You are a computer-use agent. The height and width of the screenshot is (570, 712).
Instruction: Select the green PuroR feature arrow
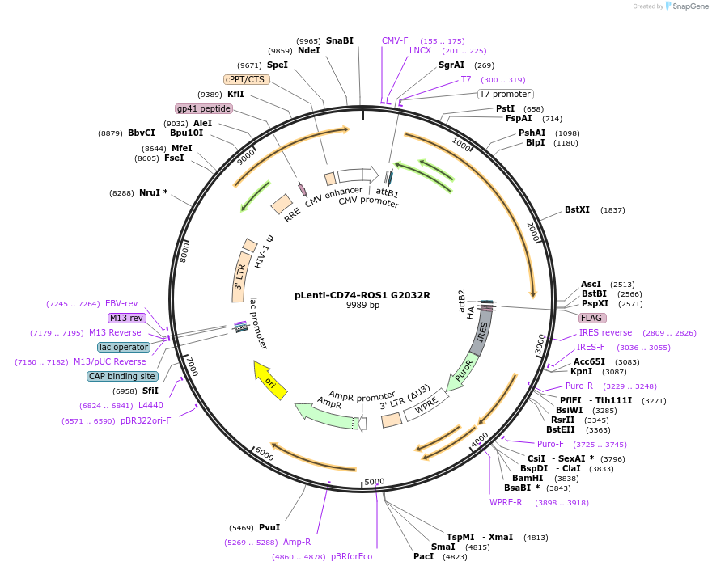pos(459,373)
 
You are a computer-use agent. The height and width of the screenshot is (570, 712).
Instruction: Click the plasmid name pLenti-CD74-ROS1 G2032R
pos(362,295)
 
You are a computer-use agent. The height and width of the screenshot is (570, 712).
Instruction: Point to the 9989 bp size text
pos(362,306)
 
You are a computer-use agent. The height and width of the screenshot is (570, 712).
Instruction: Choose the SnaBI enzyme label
pos(340,40)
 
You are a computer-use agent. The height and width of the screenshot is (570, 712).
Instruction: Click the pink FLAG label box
pos(592,318)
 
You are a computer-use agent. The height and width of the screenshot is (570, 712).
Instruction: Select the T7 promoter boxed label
pos(505,94)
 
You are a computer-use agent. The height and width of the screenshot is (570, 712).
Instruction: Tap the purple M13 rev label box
pos(126,318)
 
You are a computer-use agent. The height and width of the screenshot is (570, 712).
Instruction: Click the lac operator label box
pos(124,347)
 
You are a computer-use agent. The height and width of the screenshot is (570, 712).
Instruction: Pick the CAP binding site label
pos(122,376)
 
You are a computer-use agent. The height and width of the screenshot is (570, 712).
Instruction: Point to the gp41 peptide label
pos(204,108)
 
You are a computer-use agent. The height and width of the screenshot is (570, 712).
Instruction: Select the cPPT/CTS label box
pos(246,79)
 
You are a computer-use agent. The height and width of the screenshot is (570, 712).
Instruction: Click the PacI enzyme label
pos(423,556)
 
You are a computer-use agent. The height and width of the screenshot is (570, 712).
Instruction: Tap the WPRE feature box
pos(426,402)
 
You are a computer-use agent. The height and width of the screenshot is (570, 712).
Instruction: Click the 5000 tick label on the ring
pos(374,482)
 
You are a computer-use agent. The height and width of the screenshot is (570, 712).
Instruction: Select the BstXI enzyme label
pos(577,209)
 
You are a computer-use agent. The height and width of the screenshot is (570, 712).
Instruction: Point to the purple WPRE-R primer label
pos(506,502)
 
